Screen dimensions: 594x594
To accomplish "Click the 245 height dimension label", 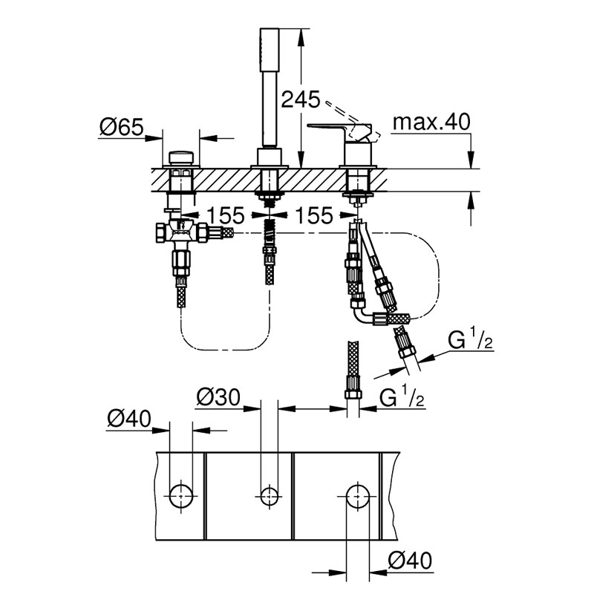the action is [x=301, y=99].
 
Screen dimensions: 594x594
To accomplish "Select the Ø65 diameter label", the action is [x=122, y=127].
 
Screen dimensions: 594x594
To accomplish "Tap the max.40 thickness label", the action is [x=431, y=122].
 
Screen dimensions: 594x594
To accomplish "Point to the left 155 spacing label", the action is [x=226, y=215].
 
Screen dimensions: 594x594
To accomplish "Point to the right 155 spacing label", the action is [x=314, y=215].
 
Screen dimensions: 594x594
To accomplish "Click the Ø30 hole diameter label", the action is [x=218, y=397].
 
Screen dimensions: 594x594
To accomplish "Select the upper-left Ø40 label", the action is [x=129, y=419].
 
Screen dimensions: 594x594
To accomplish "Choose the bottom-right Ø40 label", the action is [x=410, y=561].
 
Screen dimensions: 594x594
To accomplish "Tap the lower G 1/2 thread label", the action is [x=402, y=399].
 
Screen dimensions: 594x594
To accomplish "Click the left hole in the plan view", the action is [x=181, y=495].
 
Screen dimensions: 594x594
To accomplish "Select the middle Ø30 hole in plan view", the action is [x=270, y=495].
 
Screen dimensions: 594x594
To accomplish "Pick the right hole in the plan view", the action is [x=358, y=495].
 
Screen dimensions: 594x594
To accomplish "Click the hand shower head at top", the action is [x=270, y=49].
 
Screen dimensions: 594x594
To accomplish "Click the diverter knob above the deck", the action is [x=180, y=157].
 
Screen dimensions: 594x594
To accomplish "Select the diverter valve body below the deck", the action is [x=181, y=232].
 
